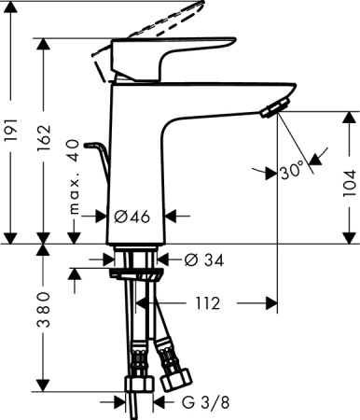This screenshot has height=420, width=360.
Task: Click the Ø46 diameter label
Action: pyautogui.click(x=132, y=217)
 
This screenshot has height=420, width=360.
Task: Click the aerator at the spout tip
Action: pyautogui.click(x=271, y=111)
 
